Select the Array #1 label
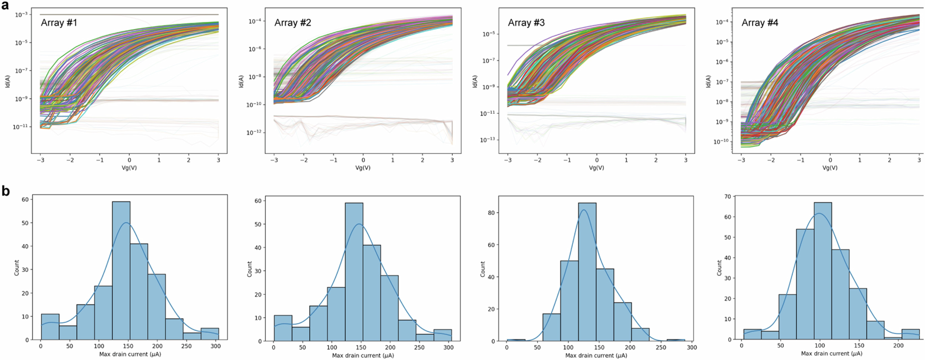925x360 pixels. (x=59, y=23)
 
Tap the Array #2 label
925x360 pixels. (x=293, y=23)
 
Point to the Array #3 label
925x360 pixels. (x=526, y=23)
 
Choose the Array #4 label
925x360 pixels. (x=760, y=23)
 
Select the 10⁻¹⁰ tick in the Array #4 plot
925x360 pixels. (x=721, y=142)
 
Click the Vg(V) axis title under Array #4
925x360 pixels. (x=830, y=168)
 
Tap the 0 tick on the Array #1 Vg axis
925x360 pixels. (x=130, y=160)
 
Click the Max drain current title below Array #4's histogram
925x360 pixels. (x=831, y=354)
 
